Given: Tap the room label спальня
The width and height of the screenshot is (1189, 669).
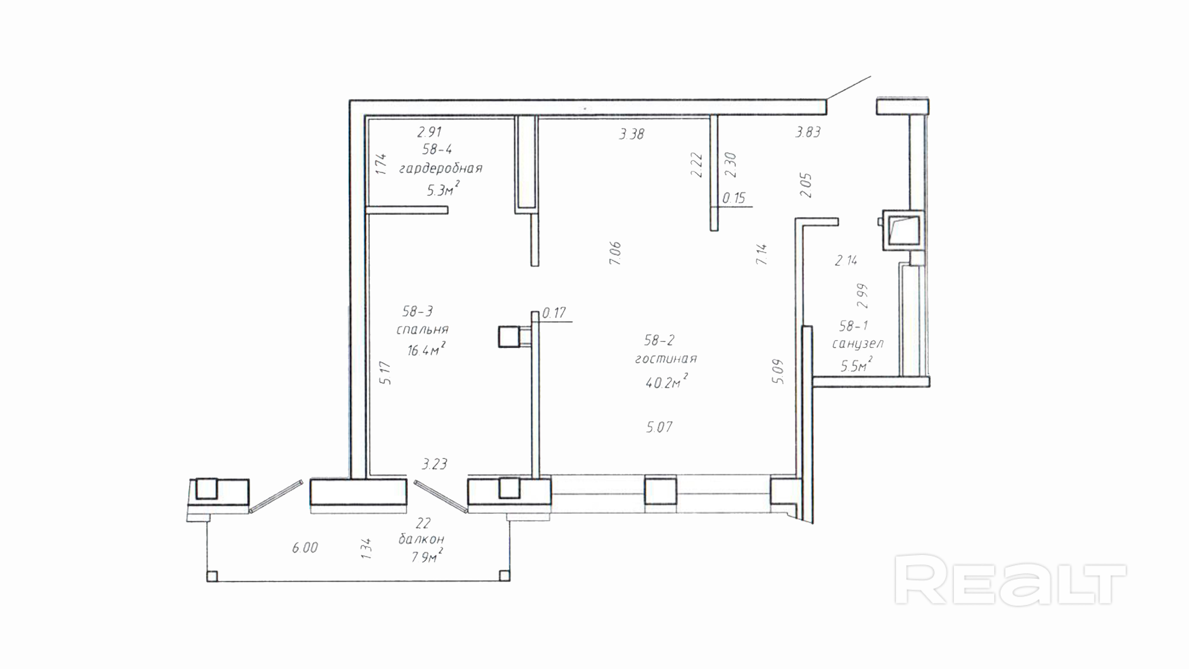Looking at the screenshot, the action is click(422, 330).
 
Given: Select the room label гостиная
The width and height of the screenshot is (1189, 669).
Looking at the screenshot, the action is click(666, 359).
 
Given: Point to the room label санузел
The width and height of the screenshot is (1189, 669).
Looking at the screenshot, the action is click(858, 344).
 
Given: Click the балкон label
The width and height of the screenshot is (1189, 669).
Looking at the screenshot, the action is click(421, 539).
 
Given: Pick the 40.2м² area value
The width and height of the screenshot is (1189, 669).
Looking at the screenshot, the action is click(666, 382).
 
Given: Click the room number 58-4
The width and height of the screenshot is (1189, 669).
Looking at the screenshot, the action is click(437, 149).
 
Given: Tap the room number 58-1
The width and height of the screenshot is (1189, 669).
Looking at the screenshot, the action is click(853, 326).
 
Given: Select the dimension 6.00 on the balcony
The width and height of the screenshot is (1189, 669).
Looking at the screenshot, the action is click(305, 547).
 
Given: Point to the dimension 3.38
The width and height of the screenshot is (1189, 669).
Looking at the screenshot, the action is click(631, 134).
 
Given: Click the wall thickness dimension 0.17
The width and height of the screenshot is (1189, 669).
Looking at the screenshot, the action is click(554, 313).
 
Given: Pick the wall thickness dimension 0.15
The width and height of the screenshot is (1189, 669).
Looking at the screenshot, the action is click(733, 198).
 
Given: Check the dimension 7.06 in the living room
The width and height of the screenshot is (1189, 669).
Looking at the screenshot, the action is click(615, 253).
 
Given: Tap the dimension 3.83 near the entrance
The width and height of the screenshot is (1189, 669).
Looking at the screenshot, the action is click(808, 132).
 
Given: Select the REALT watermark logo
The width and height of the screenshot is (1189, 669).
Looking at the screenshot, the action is click(1010, 580).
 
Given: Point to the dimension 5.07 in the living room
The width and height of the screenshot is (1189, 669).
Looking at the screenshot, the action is click(659, 427).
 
